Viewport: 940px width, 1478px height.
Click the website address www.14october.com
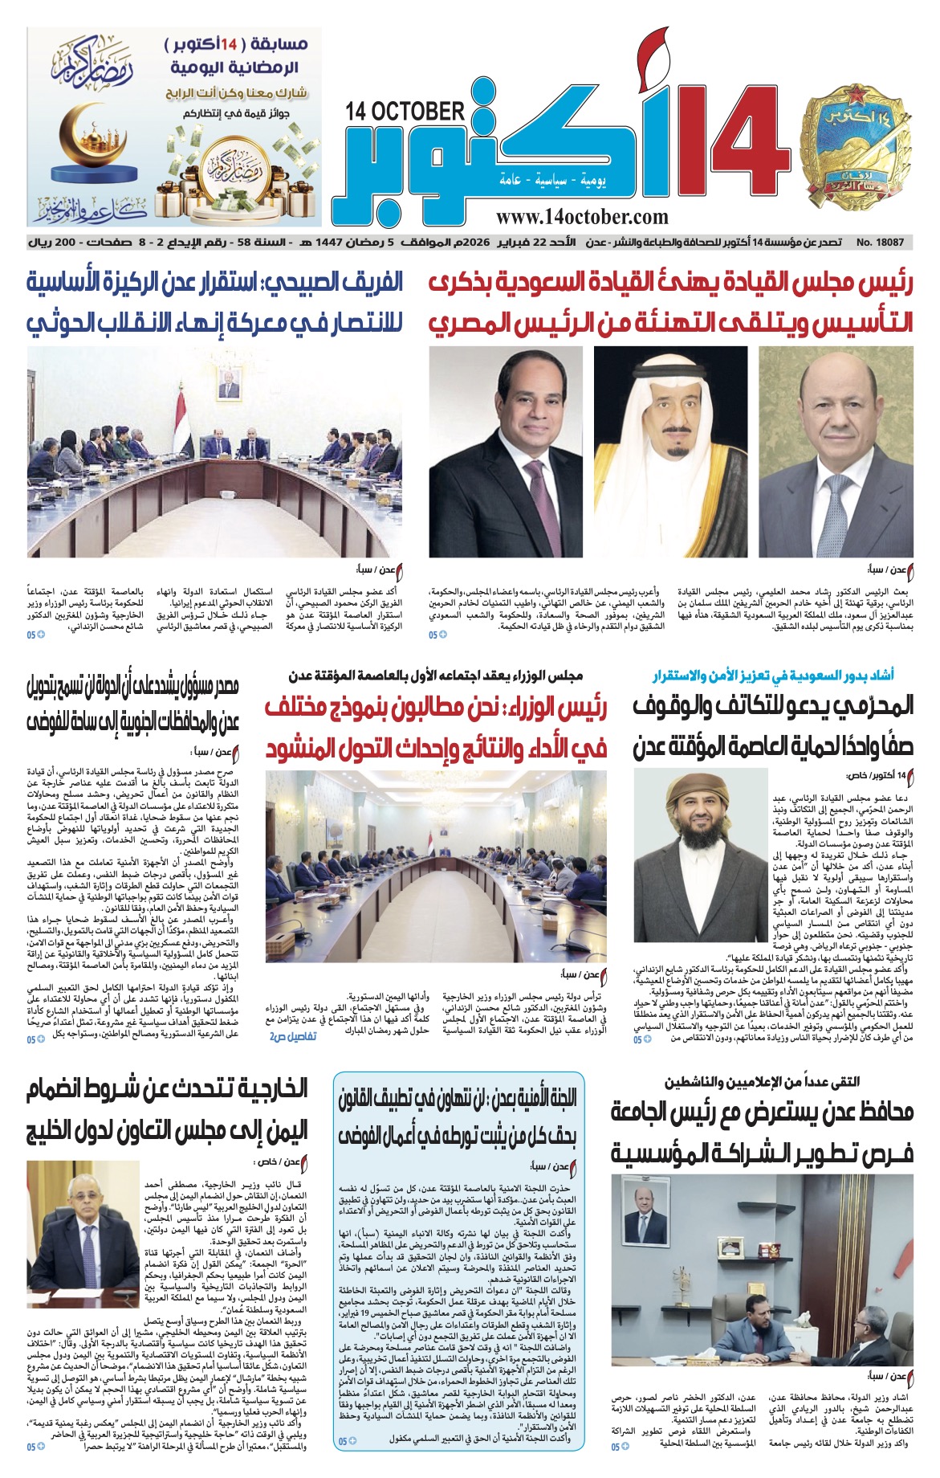coord(582,216)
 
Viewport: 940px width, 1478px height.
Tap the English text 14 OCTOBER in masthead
coord(405,112)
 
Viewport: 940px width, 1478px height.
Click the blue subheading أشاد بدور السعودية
coord(773,675)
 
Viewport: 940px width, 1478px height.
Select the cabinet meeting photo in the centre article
coord(436,866)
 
